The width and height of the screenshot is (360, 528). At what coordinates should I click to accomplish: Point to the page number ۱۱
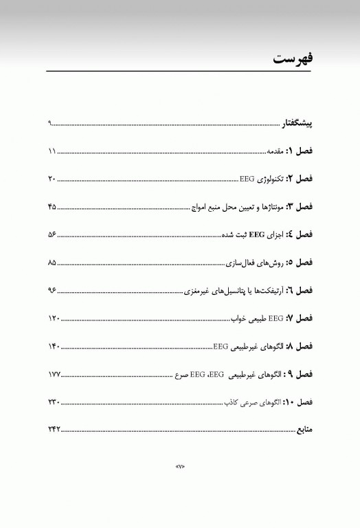pyautogui.click(x=52, y=151)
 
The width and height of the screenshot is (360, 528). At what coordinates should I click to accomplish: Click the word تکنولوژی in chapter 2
pyautogui.click(x=269, y=179)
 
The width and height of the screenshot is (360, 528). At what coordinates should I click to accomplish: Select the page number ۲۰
pyautogui.click(x=52, y=179)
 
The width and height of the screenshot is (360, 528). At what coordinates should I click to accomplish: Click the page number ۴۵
pyautogui.click(x=52, y=207)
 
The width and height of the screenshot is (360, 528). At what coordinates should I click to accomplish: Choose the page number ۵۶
pyautogui.click(x=52, y=235)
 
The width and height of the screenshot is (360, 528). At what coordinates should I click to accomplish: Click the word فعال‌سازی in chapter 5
pyautogui.click(x=243, y=263)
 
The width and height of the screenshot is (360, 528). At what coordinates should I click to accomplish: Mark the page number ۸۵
pyautogui.click(x=52, y=263)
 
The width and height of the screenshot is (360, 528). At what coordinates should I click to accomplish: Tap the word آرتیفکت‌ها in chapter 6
pyautogui.click(x=260, y=291)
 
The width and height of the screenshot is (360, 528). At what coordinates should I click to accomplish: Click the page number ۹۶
pyautogui.click(x=52, y=291)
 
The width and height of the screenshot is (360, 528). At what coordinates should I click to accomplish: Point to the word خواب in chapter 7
pyautogui.click(x=238, y=319)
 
